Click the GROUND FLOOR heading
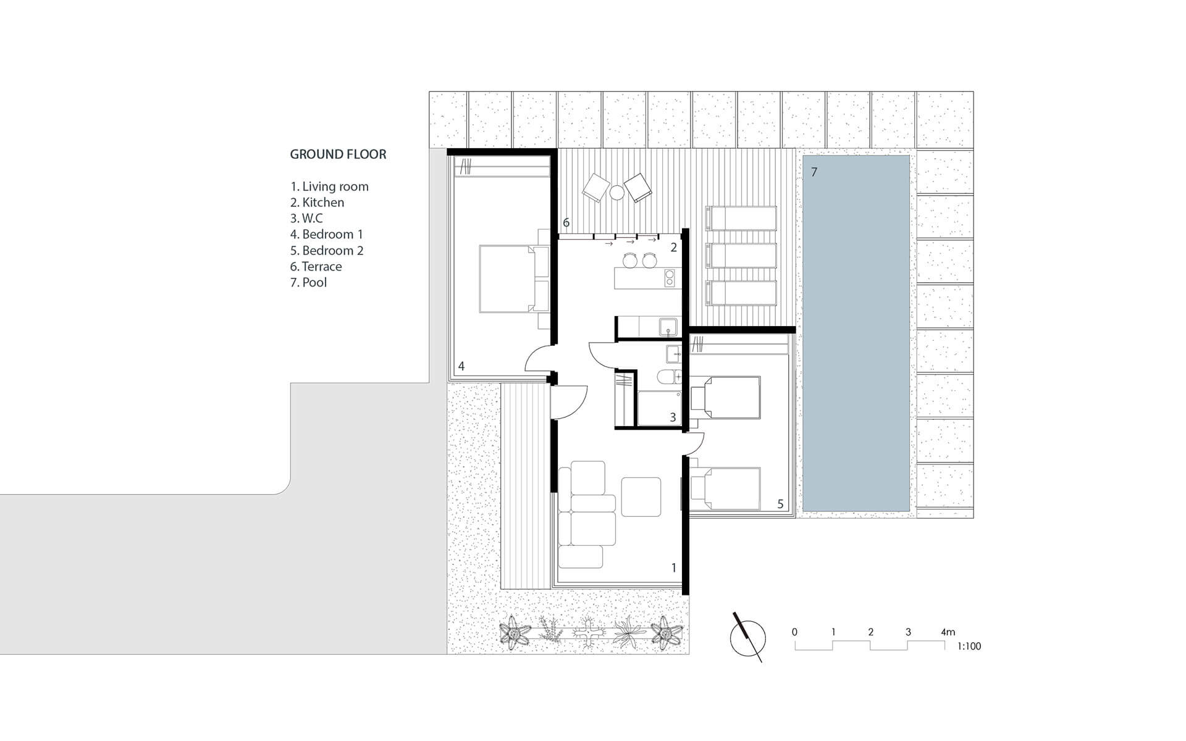338,154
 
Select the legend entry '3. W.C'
306,219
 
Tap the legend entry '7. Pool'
308,283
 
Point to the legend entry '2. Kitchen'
317,203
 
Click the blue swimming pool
856,333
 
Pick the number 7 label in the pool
814,172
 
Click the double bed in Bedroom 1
514,278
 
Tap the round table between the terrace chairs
617,193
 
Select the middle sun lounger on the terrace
741,255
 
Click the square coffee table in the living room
641,496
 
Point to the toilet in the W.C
668,376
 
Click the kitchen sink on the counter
668,326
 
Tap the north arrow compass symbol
748,638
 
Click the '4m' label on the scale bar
948,632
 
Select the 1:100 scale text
969,647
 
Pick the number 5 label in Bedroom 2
780,504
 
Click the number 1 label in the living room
674,567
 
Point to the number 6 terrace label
566,223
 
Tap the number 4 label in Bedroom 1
461,366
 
